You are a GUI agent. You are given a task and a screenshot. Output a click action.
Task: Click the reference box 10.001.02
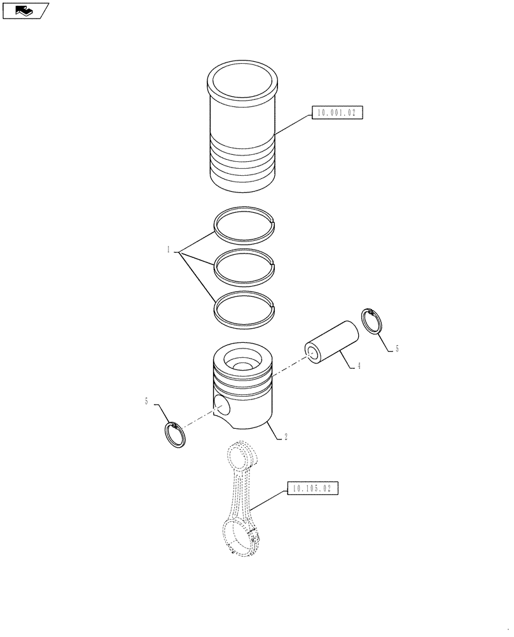tap(337, 113)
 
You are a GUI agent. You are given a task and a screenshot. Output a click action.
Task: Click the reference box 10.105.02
tap(312, 489)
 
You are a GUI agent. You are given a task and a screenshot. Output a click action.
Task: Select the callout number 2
tap(286, 437)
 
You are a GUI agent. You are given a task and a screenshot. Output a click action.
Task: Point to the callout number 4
tap(359, 366)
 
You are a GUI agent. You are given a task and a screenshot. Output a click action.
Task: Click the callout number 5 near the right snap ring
tap(397, 348)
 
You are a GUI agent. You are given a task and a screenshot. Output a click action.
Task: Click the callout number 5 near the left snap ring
tap(147, 401)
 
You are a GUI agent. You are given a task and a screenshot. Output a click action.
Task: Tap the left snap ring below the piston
tap(176, 435)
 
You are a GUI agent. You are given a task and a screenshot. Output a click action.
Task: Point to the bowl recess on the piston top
tap(244, 364)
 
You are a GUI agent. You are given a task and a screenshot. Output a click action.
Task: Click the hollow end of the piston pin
tap(312, 353)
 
